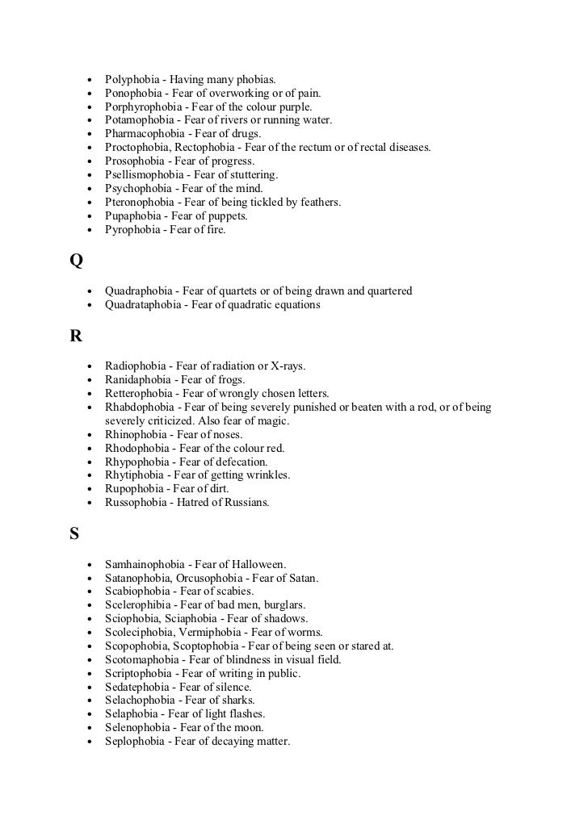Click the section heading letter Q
click(x=77, y=261)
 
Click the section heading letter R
click(x=77, y=336)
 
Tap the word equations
click(x=295, y=305)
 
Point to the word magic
click(x=272, y=421)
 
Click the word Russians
click(x=247, y=503)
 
